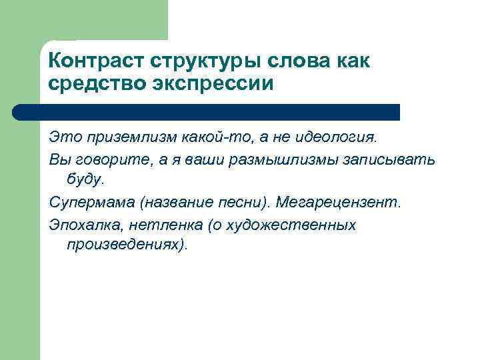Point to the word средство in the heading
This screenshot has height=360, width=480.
click(95, 84)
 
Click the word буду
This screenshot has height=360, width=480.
click(85, 179)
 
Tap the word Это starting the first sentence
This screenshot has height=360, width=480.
click(65, 137)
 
